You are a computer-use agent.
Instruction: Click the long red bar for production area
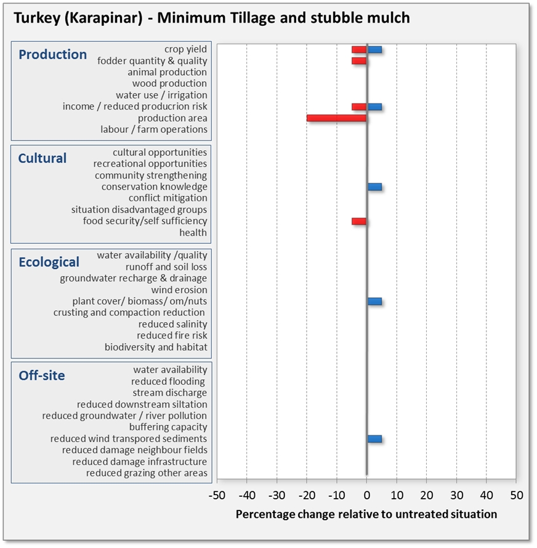[337, 118]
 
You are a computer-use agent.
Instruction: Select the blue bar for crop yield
[374, 49]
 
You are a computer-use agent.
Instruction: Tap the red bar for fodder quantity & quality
[359, 60]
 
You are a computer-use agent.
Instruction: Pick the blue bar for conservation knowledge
[374, 187]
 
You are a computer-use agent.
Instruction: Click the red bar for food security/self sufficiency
[359, 221]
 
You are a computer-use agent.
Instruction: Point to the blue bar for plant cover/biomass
[374, 301]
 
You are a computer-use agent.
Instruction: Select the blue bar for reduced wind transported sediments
[374, 438]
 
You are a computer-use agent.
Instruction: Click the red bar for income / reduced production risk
[359, 107]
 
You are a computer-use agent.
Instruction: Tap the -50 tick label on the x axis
[217, 495]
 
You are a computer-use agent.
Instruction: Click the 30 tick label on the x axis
[456, 495]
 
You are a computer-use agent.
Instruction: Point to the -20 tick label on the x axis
[307, 495]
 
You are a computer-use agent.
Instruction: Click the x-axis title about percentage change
[366, 514]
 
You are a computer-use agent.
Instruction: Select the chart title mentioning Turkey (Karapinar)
[211, 17]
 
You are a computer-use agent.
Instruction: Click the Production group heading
[53, 54]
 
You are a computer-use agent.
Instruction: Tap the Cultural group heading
[42, 158]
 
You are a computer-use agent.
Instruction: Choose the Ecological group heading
[49, 262]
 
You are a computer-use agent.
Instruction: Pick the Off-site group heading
[42, 376]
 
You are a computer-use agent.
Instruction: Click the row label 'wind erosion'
[179, 289]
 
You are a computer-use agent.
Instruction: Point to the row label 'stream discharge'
[170, 392]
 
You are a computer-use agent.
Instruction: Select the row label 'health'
[193, 233]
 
